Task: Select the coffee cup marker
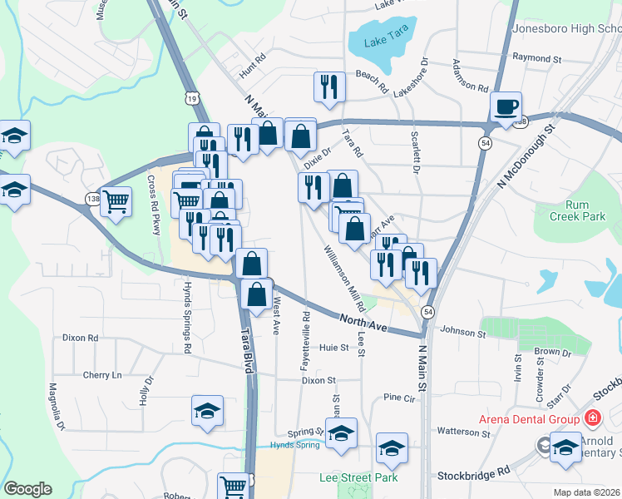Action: (x=506, y=107)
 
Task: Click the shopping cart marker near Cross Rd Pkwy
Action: (x=116, y=200)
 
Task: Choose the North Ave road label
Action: (x=363, y=320)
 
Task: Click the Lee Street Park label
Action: (x=358, y=477)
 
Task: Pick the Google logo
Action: (x=27, y=488)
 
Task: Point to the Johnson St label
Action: (x=462, y=333)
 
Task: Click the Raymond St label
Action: (x=537, y=59)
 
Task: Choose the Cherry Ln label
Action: (x=101, y=375)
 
